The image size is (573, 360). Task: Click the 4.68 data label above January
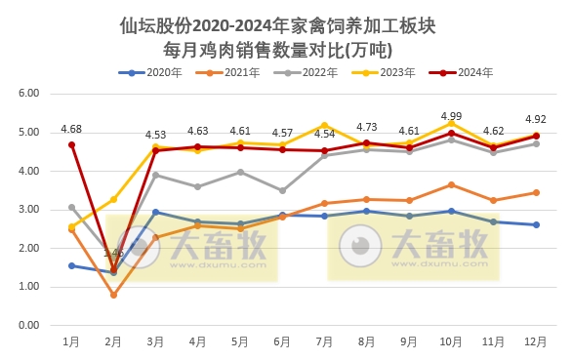point(71,129)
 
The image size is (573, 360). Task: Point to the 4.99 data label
point(451,116)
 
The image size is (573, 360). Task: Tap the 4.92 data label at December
point(535,119)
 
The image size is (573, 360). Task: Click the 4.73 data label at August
point(367,127)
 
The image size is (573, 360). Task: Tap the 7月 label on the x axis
point(324,341)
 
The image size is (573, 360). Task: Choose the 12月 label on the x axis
point(535,341)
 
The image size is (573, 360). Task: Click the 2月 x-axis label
point(113,341)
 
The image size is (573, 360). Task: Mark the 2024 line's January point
point(71,144)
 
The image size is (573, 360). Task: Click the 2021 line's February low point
point(113,295)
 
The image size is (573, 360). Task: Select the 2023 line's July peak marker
point(324,125)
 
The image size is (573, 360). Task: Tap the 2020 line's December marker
point(535,224)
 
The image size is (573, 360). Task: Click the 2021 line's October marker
point(451,184)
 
